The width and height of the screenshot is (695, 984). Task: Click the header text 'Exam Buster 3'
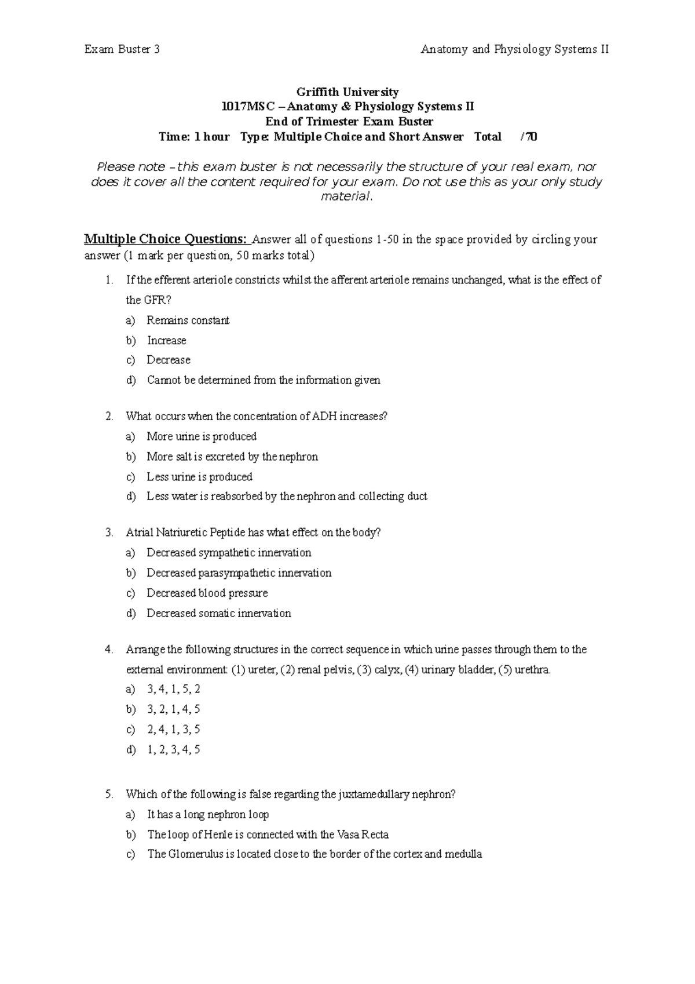point(122,49)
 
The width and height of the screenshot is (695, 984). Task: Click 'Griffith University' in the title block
point(348,92)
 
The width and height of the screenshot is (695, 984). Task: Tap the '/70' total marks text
point(529,137)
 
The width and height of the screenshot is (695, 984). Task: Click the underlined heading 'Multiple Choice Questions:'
point(166,239)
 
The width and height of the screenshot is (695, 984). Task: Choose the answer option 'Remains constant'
point(188,320)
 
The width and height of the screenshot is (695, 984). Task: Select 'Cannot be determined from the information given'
point(264,380)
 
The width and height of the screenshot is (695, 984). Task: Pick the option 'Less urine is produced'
point(199,477)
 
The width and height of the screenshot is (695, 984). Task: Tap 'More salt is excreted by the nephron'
point(232,457)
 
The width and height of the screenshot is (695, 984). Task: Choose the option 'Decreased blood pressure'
point(207,593)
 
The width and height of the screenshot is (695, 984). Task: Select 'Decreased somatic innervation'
point(218,613)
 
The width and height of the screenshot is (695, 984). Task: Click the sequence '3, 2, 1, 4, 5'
point(173,709)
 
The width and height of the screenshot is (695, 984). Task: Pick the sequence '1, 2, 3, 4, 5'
point(173,749)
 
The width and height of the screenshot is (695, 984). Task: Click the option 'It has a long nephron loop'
point(207,815)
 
